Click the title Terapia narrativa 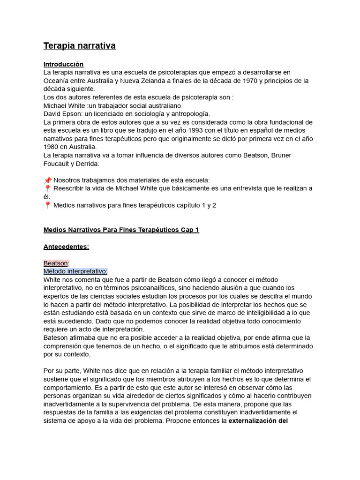(x=79, y=45)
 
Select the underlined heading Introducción (x=63, y=64)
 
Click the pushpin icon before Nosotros (x=47, y=180)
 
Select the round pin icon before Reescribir (x=47, y=188)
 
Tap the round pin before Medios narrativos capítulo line (x=47, y=205)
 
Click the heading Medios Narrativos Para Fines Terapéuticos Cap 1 (x=121, y=230)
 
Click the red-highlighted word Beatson (x=56, y=263)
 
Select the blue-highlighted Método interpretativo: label (x=75, y=271)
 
